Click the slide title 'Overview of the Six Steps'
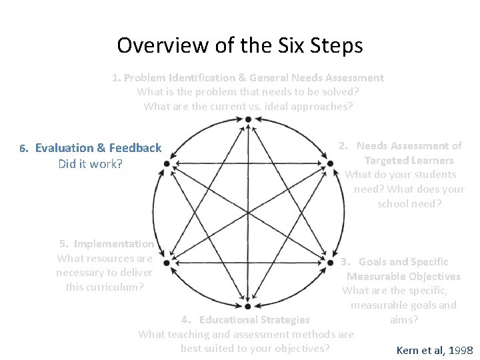239,45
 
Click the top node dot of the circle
248,120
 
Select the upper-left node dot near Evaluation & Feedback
167,163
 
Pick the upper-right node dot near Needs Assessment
329,163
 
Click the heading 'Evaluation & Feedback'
98,148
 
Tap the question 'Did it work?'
91,163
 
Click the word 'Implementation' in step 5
114,244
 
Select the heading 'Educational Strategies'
254,320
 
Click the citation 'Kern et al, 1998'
435,350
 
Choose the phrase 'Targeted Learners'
409,160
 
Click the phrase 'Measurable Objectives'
403,276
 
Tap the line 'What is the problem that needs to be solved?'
248,91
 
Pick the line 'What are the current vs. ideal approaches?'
248,105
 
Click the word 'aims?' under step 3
404,320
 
